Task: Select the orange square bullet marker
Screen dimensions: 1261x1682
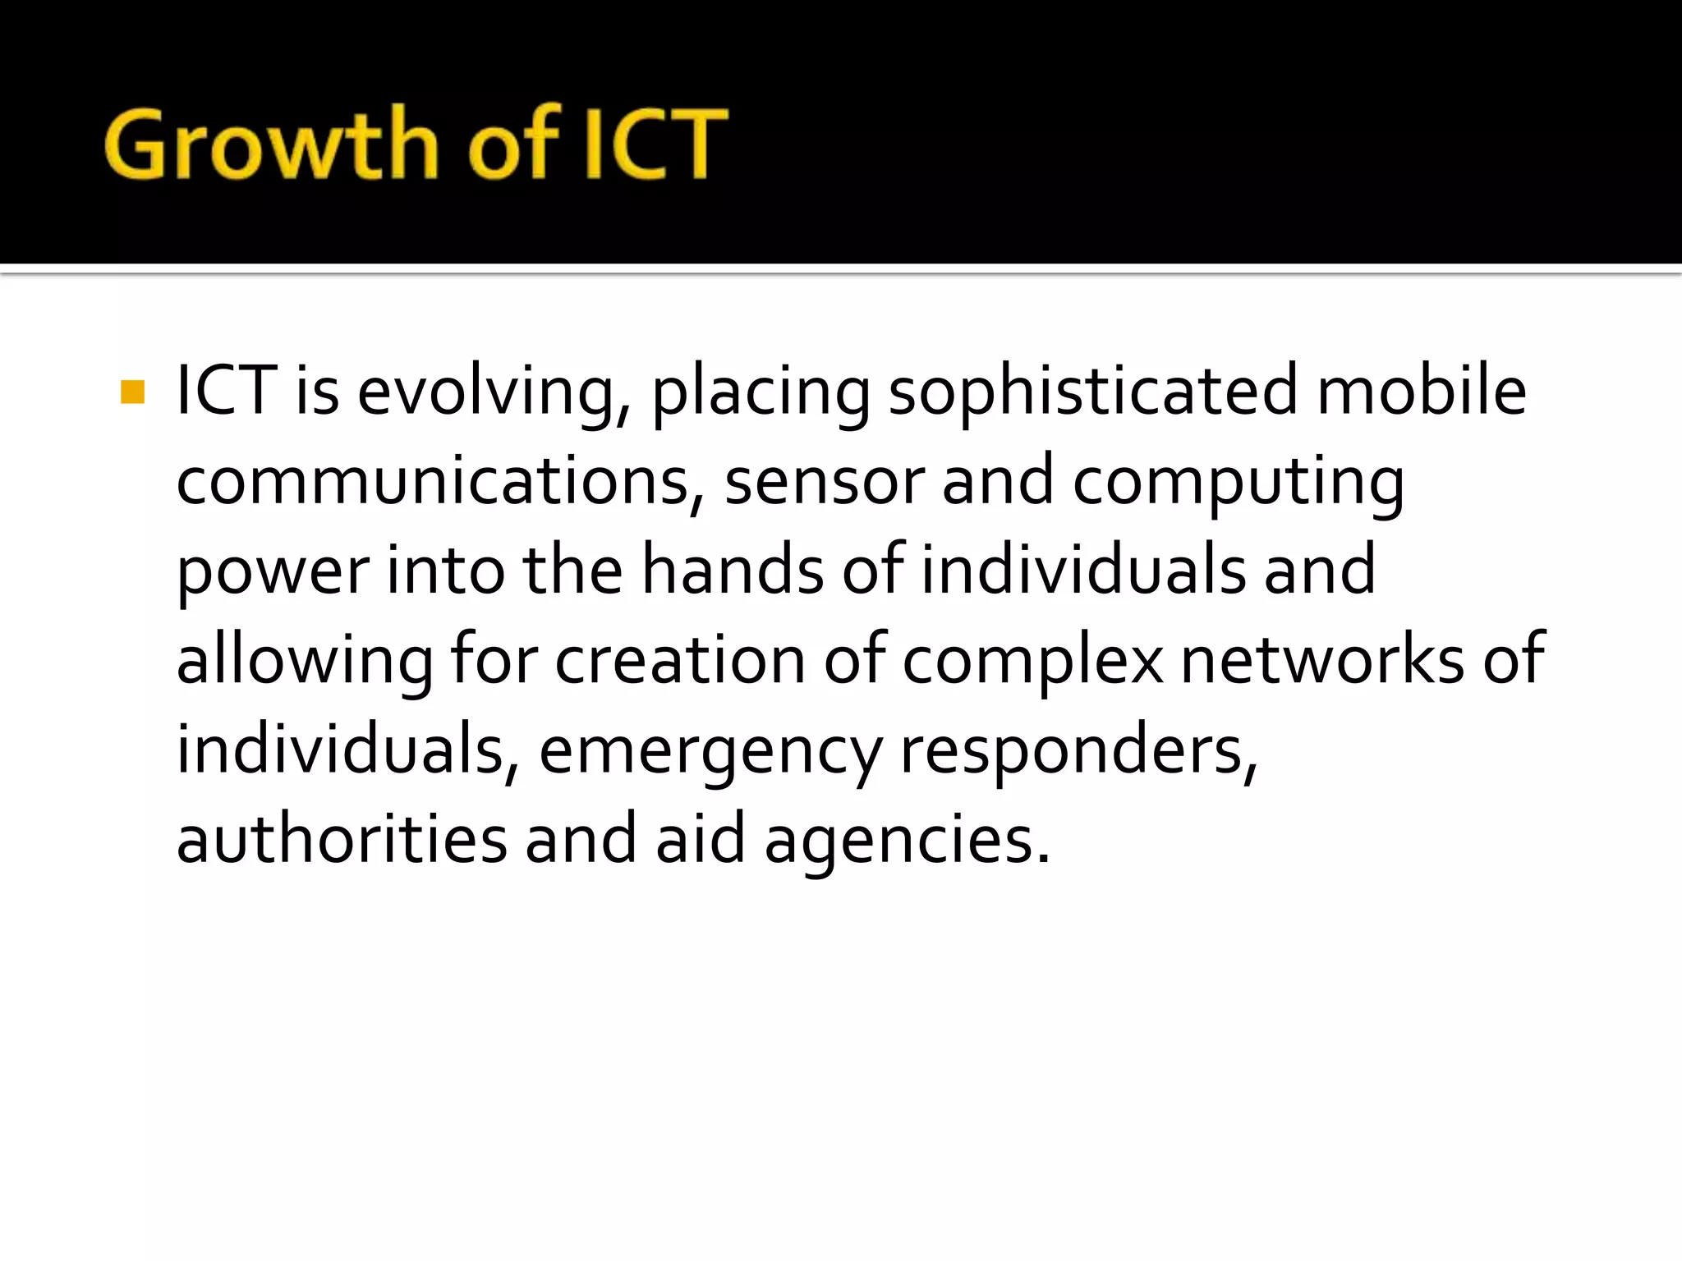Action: pos(132,392)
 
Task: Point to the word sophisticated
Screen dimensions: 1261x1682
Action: pos(1093,393)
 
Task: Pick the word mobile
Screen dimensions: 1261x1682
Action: pos(1422,392)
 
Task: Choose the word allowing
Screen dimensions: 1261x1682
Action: pos(305,662)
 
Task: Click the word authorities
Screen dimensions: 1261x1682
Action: pos(342,840)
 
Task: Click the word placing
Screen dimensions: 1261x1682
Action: pos(761,393)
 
